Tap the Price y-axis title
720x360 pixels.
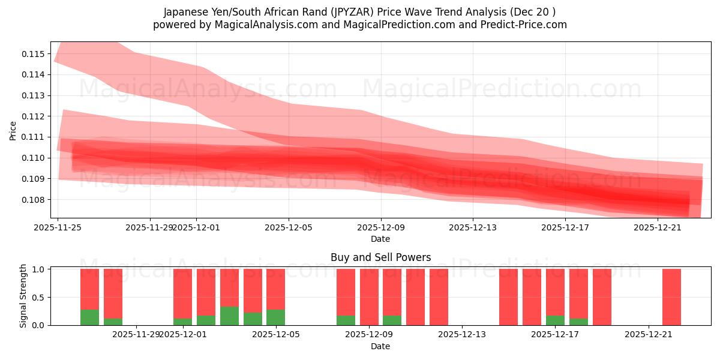(x=13, y=130)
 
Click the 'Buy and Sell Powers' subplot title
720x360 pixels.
(x=380, y=257)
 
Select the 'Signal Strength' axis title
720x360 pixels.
(x=23, y=296)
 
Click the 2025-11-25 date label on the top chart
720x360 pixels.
(x=58, y=227)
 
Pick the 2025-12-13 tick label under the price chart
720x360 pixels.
(x=473, y=227)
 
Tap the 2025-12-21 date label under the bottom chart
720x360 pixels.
(x=649, y=335)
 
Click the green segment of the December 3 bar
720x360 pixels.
(x=229, y=316)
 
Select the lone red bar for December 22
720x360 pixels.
(x=671, y=297)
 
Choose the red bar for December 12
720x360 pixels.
(x=439, y=297)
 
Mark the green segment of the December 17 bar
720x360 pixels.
(x=555, y=320)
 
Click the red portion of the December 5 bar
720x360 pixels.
(x=275, y=289)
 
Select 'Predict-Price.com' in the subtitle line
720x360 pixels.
(x=526, y=25)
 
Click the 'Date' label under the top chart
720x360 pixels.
(x=380, y=239)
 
